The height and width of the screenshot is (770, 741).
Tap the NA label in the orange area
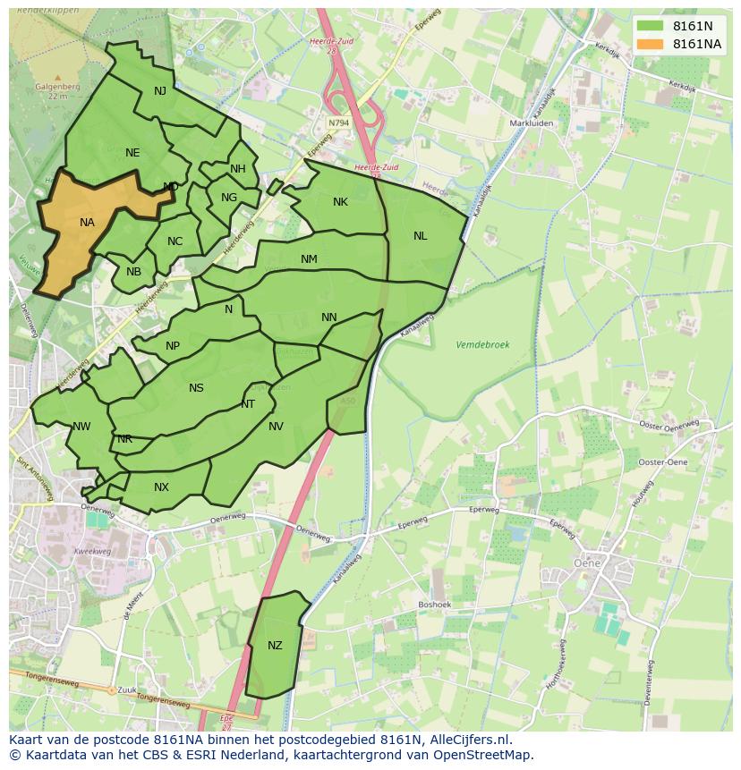point(87,223)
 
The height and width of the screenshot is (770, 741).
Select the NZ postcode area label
point(275,646)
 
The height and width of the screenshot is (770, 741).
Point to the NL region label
point(420,236)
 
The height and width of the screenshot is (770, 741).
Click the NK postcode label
point(340,202)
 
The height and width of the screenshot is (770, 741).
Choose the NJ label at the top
point(160,91)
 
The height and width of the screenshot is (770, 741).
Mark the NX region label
point(161,487)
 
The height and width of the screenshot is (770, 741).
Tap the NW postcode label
point(81,427)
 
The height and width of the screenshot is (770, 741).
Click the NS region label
point(196,388)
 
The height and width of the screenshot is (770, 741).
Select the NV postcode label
point(276,427)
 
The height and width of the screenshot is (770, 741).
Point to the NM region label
point(309,259)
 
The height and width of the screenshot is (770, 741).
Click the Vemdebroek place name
point(481,344)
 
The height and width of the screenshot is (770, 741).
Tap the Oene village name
point(586,563)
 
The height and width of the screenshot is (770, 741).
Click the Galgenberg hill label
point(57,87)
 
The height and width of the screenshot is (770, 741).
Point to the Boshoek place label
point(436,605)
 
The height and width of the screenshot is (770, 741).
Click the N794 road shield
point(338,123)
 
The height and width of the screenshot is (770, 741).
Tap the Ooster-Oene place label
point(663,461)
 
